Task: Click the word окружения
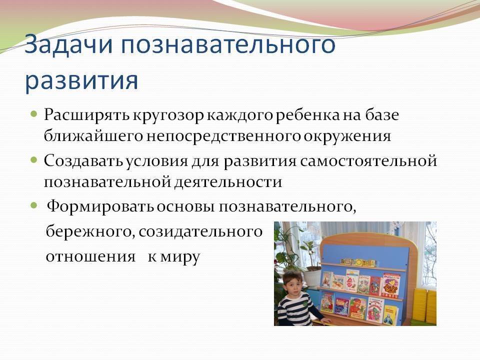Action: coord(347,136)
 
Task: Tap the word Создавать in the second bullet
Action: coord(83,160)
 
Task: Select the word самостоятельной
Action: coord(368,160)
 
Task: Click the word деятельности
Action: coord(228,182)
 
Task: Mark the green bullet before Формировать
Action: coord(34,205)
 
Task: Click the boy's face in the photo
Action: coord(292,282)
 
